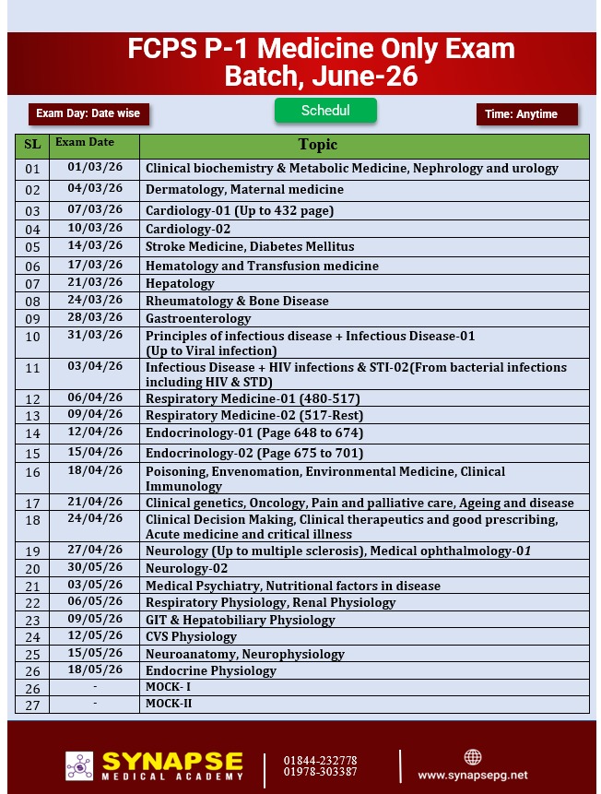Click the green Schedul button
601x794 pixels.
point(325,111)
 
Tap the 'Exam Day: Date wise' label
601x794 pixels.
point(88,113)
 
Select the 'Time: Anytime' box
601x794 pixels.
point(526,114)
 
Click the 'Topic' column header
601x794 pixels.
point(318,145)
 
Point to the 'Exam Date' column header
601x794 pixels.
point(85,143)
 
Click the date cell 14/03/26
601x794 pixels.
point(95,245)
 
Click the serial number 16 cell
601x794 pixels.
point(33,472)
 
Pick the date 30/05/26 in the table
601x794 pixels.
point(95,567)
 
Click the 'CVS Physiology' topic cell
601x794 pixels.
point(191,636)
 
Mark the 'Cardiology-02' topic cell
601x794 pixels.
point(188,229)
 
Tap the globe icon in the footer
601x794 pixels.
point(473,757)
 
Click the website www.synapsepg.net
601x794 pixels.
point(473,776)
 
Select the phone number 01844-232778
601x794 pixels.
point(321,760)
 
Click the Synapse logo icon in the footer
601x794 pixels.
point(79,766)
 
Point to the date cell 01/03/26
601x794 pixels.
point(95,167)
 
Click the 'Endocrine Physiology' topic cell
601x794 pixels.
point(211,670)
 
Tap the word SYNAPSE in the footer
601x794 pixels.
point(172,762)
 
